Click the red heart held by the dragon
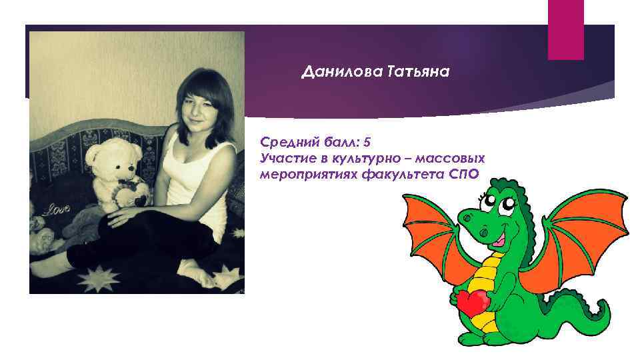(x=470, y=303)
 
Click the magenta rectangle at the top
(x=565, y=29)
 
